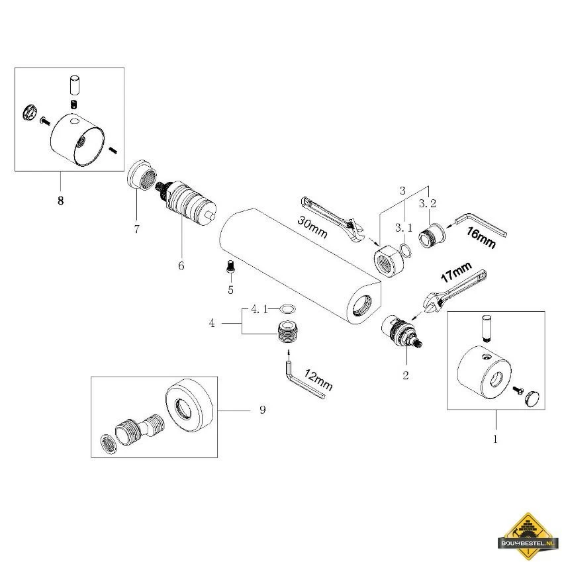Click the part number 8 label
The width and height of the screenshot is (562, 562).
[60, 201]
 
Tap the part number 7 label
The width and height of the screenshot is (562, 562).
[136, 228]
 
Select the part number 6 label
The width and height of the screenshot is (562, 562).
[181, 265]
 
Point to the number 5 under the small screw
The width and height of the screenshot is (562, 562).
[230, 289]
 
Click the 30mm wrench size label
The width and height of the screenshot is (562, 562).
[312, 227]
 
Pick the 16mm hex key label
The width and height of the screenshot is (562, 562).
[481, 238]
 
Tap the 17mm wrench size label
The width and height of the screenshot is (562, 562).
[456, 271]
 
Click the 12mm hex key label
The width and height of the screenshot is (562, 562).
[318, 379]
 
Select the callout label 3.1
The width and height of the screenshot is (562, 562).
[404, 228]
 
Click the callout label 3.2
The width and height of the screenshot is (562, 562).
[428, 204]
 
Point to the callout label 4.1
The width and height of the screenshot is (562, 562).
[259, 309]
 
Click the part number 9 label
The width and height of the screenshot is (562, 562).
[262, 409]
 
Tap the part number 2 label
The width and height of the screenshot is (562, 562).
[405, 375]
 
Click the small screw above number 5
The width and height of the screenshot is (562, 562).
[230, 267]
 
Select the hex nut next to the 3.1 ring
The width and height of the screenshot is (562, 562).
[389, 261]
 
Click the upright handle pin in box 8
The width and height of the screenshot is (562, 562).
[74, 84]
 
